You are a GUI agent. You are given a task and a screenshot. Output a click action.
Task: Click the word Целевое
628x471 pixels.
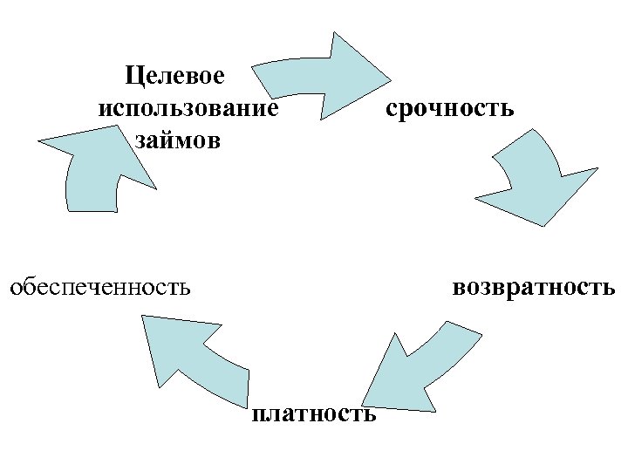click(174, 76)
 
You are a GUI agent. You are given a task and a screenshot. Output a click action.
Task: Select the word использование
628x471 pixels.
click(188, 108)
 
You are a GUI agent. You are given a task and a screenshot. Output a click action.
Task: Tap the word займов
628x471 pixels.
click(178, 140)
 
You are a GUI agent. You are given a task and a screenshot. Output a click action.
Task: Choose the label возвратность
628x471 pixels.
click(534, 286)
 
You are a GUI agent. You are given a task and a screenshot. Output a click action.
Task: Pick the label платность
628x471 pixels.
click(314, 413)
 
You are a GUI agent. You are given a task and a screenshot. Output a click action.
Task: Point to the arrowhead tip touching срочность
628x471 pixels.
click(389, 84)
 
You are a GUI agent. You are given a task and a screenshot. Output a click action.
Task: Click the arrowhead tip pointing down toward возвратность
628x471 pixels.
click(544, 225)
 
